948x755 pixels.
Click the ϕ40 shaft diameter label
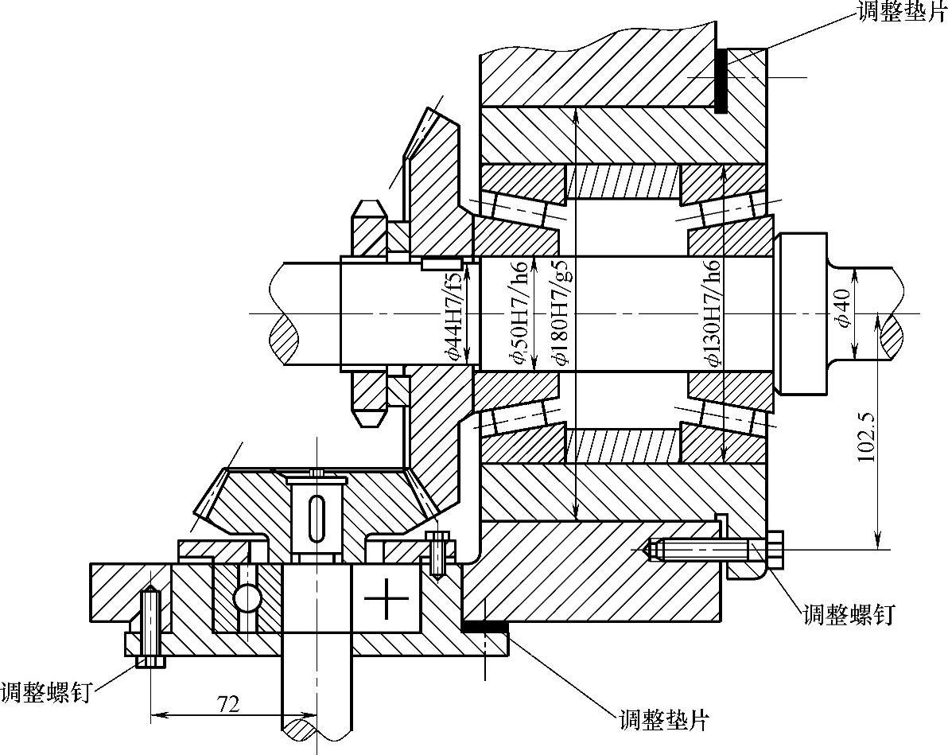tap(844, 309)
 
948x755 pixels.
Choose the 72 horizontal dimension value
tap(228, 703)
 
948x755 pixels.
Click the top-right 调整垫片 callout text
tap(901, 12)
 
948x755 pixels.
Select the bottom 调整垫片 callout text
tap(662, 720)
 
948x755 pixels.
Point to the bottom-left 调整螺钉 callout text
tap(45, 691)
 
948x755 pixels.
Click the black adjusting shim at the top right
tap(721, 80)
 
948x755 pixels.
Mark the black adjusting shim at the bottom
tap(484, 628)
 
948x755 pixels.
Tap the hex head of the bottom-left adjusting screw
tap(150, 661)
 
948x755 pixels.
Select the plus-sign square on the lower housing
tap(386, 599)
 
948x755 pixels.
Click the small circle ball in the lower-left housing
tap(247, 597)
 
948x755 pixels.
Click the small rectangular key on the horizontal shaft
tap(441, 263)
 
